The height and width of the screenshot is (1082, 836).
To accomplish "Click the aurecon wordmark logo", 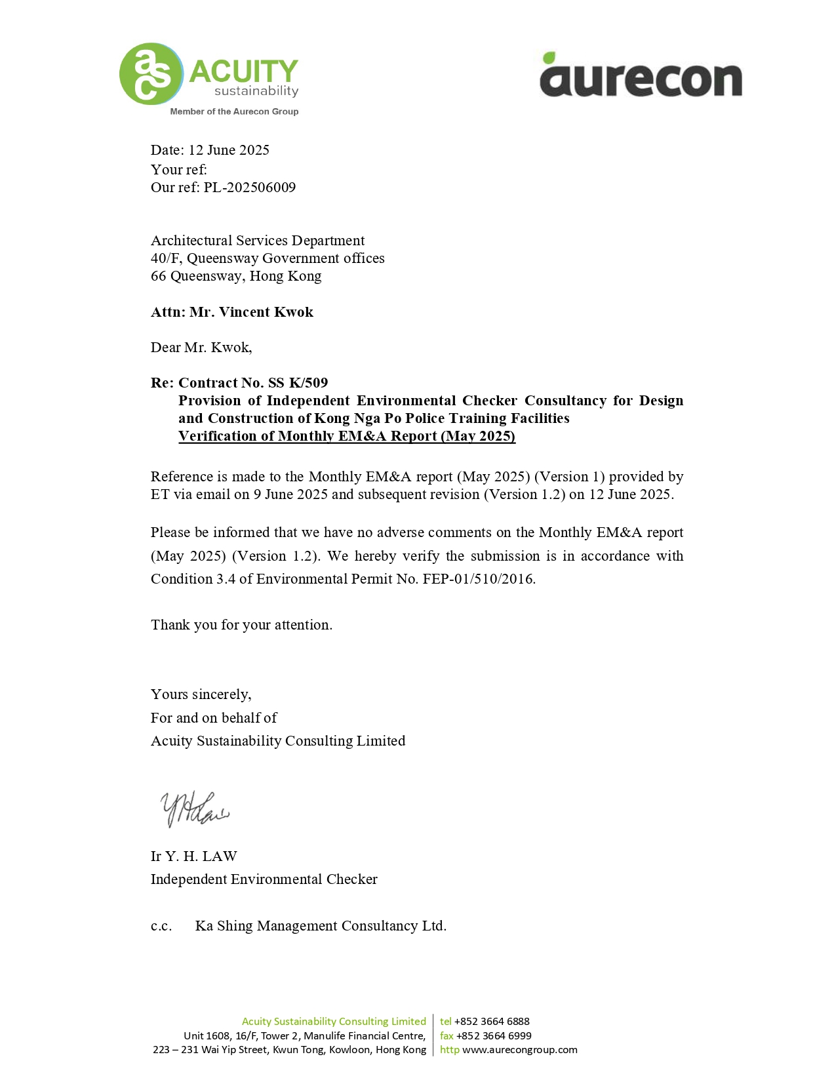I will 641,79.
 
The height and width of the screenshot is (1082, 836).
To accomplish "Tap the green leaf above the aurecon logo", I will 549,58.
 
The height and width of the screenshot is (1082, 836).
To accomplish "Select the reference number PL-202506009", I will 249,188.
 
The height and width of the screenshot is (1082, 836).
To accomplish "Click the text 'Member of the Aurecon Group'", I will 234,111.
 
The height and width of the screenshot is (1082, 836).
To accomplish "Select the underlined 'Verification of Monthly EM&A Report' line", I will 346,436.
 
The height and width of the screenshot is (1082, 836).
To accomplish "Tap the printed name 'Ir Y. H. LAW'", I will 193,856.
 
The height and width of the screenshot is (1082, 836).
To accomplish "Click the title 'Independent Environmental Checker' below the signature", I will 264,879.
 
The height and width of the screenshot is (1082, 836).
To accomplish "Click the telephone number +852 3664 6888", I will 491,1022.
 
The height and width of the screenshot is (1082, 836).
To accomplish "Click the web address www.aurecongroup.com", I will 519,1050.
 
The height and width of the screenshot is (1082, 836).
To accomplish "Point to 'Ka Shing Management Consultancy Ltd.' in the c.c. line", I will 321,926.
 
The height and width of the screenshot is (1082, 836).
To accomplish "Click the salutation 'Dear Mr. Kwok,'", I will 201,348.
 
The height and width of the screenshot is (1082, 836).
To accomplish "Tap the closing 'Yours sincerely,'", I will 201,694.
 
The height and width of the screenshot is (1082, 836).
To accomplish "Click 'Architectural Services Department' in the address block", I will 257,241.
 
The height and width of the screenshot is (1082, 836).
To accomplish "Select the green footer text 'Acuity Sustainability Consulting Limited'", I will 334,1022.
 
